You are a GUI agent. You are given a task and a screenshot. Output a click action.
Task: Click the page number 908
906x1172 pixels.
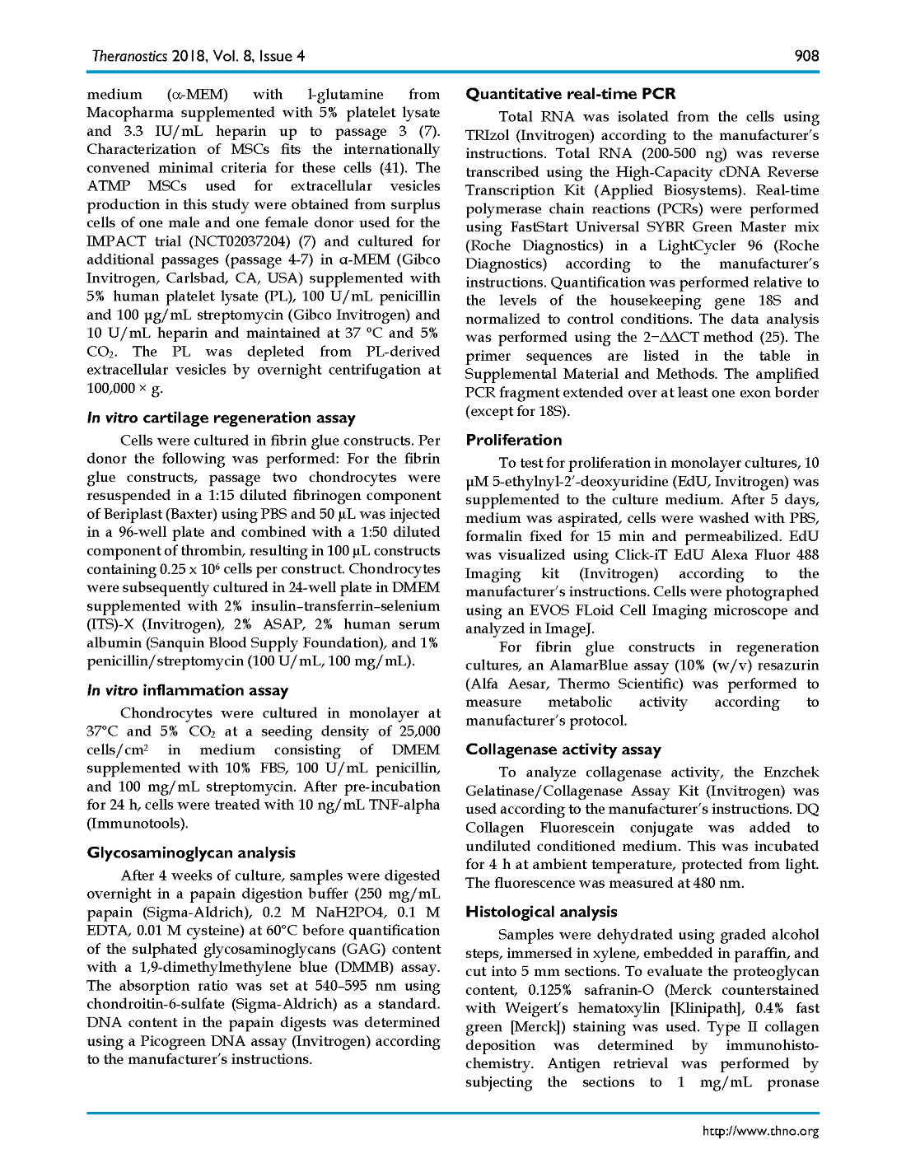click(806, 56)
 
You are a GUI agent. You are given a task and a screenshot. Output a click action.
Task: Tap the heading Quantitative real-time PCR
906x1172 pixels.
click(571, 94)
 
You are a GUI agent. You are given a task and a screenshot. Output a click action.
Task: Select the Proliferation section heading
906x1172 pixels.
click(514, 440)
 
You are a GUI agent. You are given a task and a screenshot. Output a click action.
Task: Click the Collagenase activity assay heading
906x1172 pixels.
click(563, 749)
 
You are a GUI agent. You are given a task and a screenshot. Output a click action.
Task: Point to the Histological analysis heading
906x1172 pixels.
click(541, 912)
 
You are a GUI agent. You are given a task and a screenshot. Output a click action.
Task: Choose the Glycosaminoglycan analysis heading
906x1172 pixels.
click(191, 852)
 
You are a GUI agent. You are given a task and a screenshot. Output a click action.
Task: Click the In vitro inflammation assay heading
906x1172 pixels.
click(188, 690)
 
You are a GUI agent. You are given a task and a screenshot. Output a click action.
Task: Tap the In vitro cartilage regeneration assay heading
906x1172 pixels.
click(221, 418)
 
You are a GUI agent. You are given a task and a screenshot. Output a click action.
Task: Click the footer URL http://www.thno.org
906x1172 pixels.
click(760, 1131)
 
